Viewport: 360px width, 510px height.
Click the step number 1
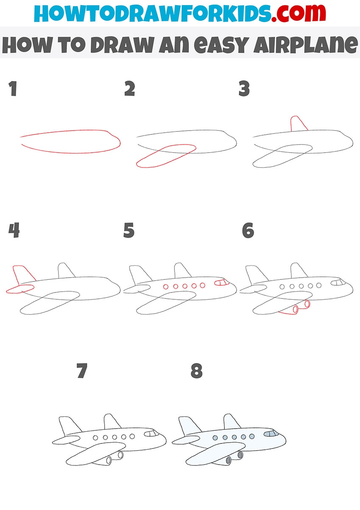point(13,89)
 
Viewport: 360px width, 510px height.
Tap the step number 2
point(130,89)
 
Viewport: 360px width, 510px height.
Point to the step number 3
point(244,89)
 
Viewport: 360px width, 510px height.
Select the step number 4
point(14,230)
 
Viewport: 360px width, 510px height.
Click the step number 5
point(129,230)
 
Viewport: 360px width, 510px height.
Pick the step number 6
point(248,230)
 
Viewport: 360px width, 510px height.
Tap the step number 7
point(82,371)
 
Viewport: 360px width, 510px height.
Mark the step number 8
point(197,371)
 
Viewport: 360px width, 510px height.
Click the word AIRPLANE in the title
point(305,44)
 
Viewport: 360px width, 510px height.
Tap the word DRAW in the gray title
point(122,44)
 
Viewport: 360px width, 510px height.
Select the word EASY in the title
point(220,45)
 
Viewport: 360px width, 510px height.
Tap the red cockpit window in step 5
point(222,282)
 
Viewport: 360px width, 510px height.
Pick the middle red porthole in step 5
point(185,286)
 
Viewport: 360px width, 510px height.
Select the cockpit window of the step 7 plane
point(152,433)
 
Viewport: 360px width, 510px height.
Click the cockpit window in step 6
point(338,282)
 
